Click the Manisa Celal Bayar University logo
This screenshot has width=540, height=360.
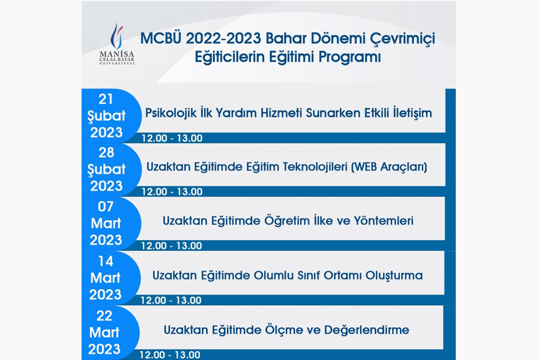pyautogui.click(x=117, y=44)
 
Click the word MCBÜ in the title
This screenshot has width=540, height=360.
pyautogui.click(x=161, y=38)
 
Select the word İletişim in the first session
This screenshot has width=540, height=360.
pyautogui.click(x=413, y=113)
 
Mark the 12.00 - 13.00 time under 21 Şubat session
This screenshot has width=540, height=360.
pyautogui.click(x=172, y=138)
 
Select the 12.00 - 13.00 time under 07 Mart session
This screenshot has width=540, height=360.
pyautogui.click(x=172, y=246)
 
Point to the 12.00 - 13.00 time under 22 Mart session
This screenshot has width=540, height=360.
pyautogui.click(x=170, y=355)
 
